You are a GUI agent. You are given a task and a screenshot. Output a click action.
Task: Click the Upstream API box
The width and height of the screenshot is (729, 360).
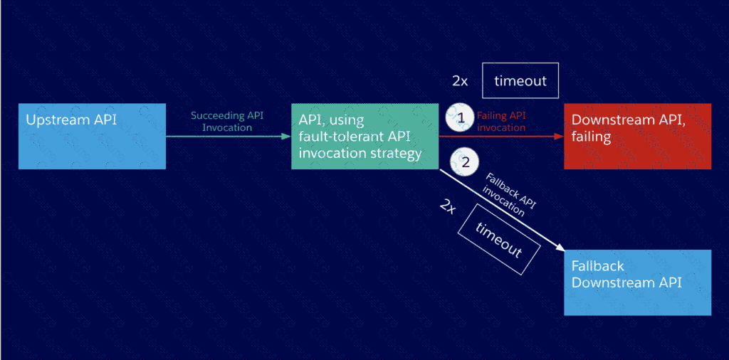[x=92, y=137]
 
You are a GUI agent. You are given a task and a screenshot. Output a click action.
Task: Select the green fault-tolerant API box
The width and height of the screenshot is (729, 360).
[x=364, y=137]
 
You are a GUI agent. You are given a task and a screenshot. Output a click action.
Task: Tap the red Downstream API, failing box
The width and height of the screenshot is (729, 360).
[x=637, y=137]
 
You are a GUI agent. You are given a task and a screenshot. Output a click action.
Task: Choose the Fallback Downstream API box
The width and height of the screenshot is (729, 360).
[x=637, y=282]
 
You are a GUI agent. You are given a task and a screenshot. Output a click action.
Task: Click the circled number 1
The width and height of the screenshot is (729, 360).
[x=460, y=118]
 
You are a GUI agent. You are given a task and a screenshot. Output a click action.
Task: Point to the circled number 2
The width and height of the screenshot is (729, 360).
[x=466, y=162]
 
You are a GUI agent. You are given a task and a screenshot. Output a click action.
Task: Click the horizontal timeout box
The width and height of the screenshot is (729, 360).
[x=520, y=80]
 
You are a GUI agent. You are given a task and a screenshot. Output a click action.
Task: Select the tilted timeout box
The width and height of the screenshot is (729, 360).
[x=499, y=240]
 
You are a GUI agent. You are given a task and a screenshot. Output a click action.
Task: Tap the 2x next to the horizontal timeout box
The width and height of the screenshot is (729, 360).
[x=460, y=81]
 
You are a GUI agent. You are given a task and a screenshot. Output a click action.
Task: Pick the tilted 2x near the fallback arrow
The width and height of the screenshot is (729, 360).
[x=448, y=206]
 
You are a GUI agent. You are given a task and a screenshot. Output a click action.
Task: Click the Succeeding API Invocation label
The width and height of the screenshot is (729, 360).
[x=228, y=122]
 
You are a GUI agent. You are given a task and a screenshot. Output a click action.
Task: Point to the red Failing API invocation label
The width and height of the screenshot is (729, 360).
[x=501, y=122]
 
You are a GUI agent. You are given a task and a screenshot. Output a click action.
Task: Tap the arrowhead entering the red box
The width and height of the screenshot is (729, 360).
[x=560, y=135]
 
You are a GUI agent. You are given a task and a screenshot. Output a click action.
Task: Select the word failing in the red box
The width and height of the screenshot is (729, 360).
[x=591, y=137]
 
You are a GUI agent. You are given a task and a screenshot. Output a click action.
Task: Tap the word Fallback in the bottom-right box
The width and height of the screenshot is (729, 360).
[x=598, y=266]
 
